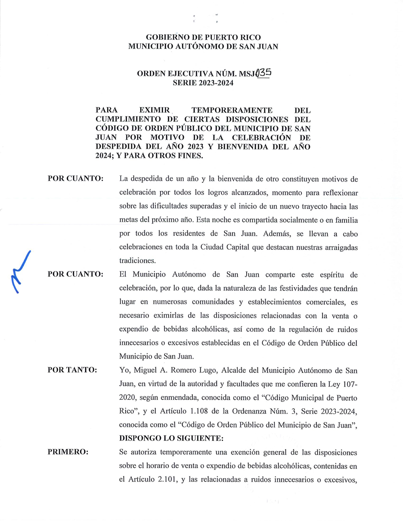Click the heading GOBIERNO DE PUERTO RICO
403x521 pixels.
tap(203, 37)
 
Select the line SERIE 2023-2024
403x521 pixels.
tap(203, 83)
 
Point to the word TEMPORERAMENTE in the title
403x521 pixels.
tap(232, 110)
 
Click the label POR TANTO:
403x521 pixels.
tap(72, 370)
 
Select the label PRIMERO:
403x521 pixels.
tap(68, 452)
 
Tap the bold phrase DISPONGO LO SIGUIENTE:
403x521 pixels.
tap(171, 438)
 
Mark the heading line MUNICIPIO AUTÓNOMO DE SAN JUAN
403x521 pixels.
tap(203, 46)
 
